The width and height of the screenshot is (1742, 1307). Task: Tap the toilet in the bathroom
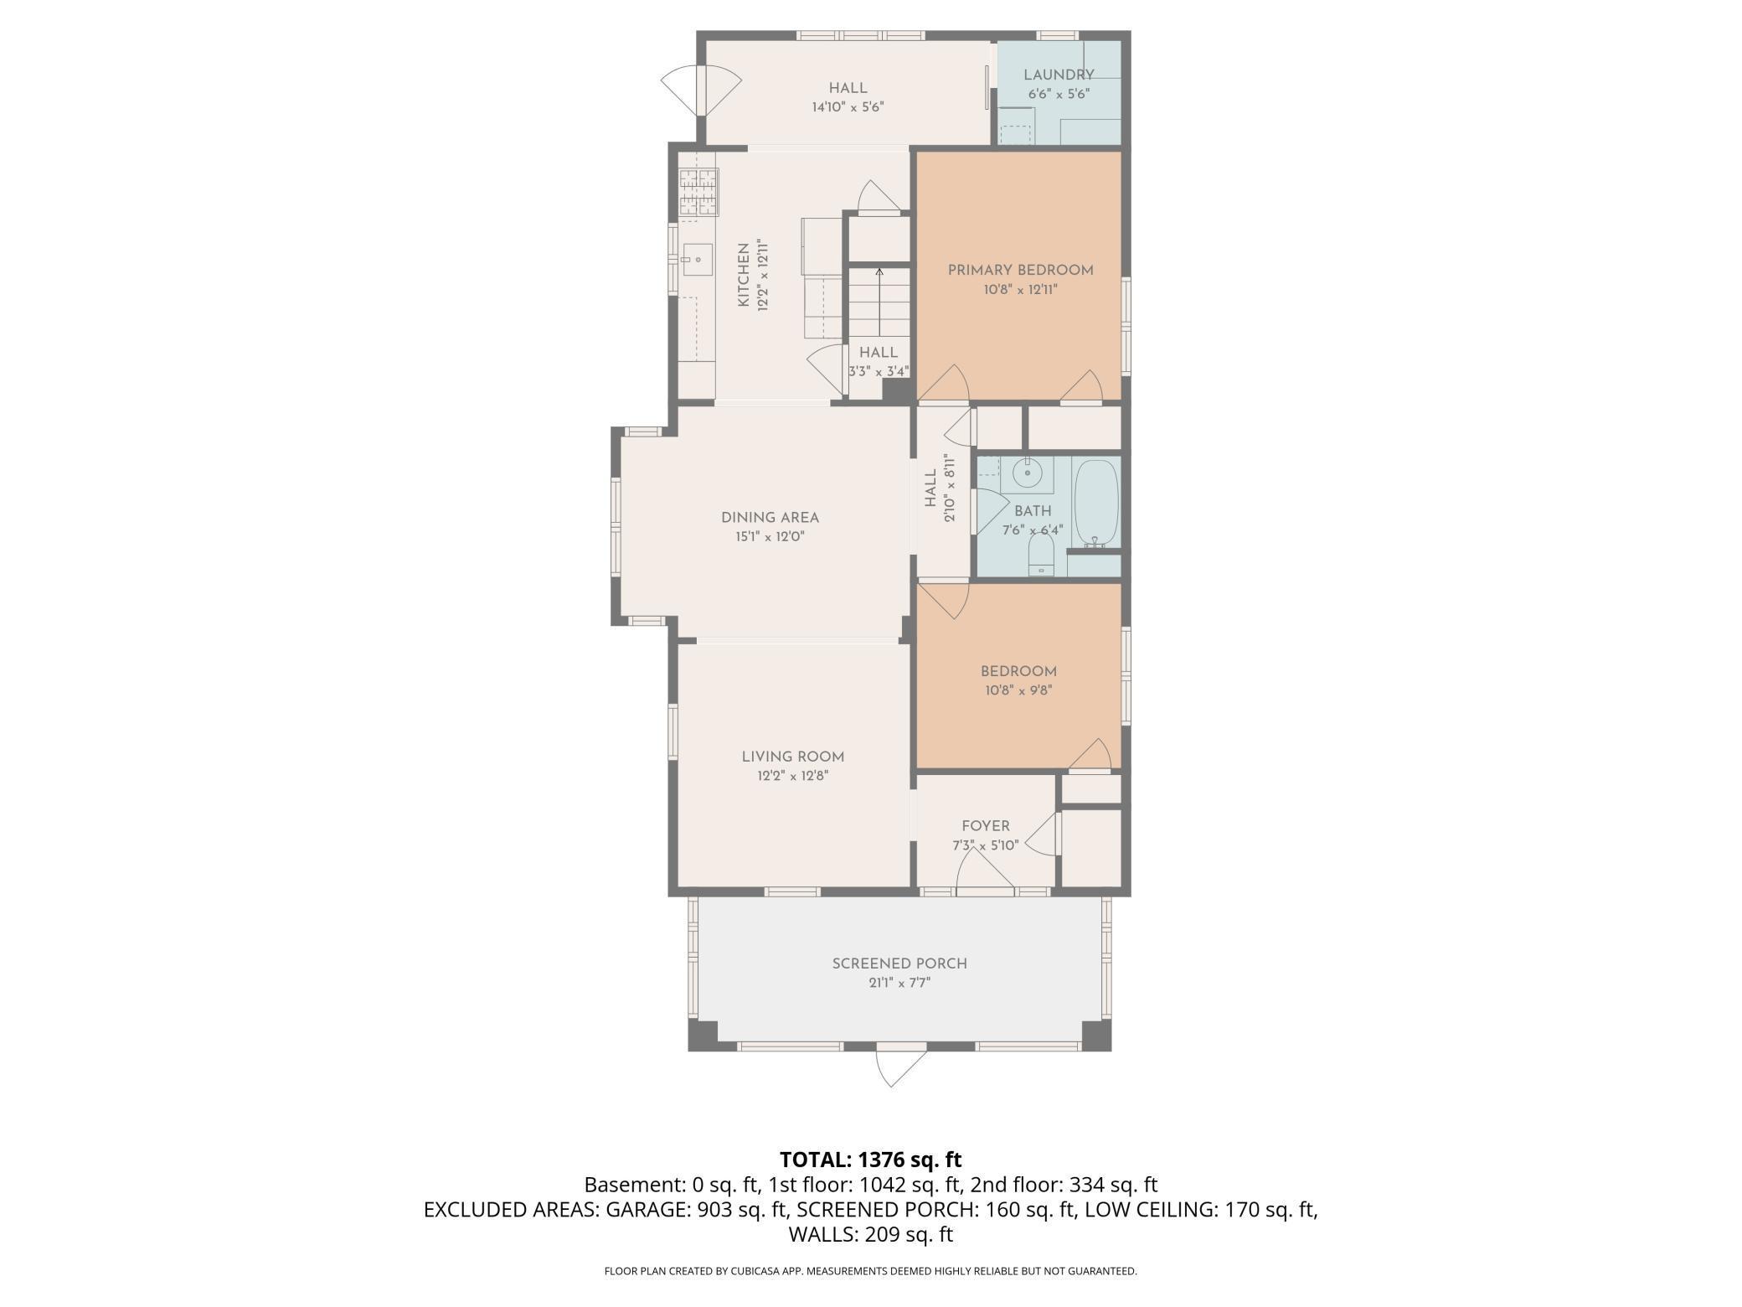click(1041, 554)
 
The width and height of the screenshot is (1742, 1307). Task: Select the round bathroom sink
click(1026, 474)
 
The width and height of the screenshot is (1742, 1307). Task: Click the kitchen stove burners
click(698, 192)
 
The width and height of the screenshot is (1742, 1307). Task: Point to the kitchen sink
click(696, 260)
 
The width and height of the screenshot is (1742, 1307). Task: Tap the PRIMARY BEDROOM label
click(1020, 270)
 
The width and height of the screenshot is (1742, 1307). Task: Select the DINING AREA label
click(770, 517)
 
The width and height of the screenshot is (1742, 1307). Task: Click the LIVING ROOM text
click(792, 757)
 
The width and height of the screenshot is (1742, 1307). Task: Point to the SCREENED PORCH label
click(899, 963)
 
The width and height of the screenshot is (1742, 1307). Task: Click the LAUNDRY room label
click(1059, 75)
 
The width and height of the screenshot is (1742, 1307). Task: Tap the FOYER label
click(986, 826)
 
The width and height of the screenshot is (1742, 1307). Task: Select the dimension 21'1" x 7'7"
click(899, 983)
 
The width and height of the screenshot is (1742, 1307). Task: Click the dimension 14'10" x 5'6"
click(848, 107)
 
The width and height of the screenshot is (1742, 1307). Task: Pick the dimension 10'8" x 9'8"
click(1018, 691)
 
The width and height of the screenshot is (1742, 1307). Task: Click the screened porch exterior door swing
click(900, 1067)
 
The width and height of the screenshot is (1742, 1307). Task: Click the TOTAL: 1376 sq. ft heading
click(870, 1160)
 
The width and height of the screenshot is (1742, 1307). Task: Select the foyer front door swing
click(986, 876)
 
